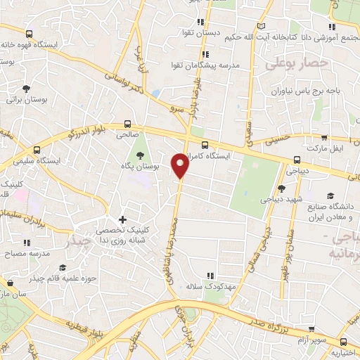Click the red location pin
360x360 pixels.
181,165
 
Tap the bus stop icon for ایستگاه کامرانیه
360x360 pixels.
205,146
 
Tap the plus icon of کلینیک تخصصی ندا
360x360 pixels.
123,220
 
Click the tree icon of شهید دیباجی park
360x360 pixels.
281,188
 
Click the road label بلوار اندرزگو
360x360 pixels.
83,130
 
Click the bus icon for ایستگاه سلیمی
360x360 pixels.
37,149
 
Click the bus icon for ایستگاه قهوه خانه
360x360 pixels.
30,33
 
